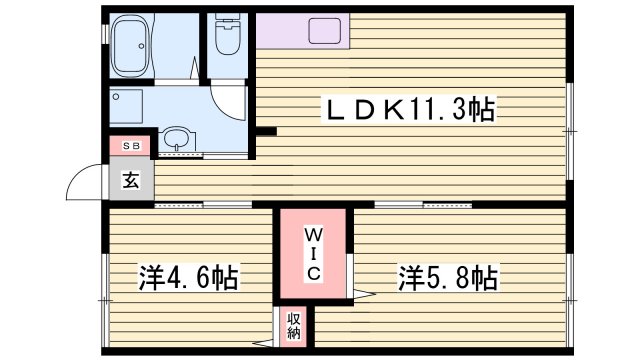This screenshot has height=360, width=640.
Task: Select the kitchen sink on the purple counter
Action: coord(325,30)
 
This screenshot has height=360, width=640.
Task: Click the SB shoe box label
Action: coord(131,146)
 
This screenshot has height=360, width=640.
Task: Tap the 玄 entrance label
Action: coord(131,181)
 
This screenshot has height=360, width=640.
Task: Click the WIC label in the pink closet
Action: coord(312,254)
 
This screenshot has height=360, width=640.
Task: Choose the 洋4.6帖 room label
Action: coord(188,277)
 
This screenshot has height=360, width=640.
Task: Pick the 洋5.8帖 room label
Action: coord(450,276)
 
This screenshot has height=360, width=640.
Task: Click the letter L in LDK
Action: coord(331,109)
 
